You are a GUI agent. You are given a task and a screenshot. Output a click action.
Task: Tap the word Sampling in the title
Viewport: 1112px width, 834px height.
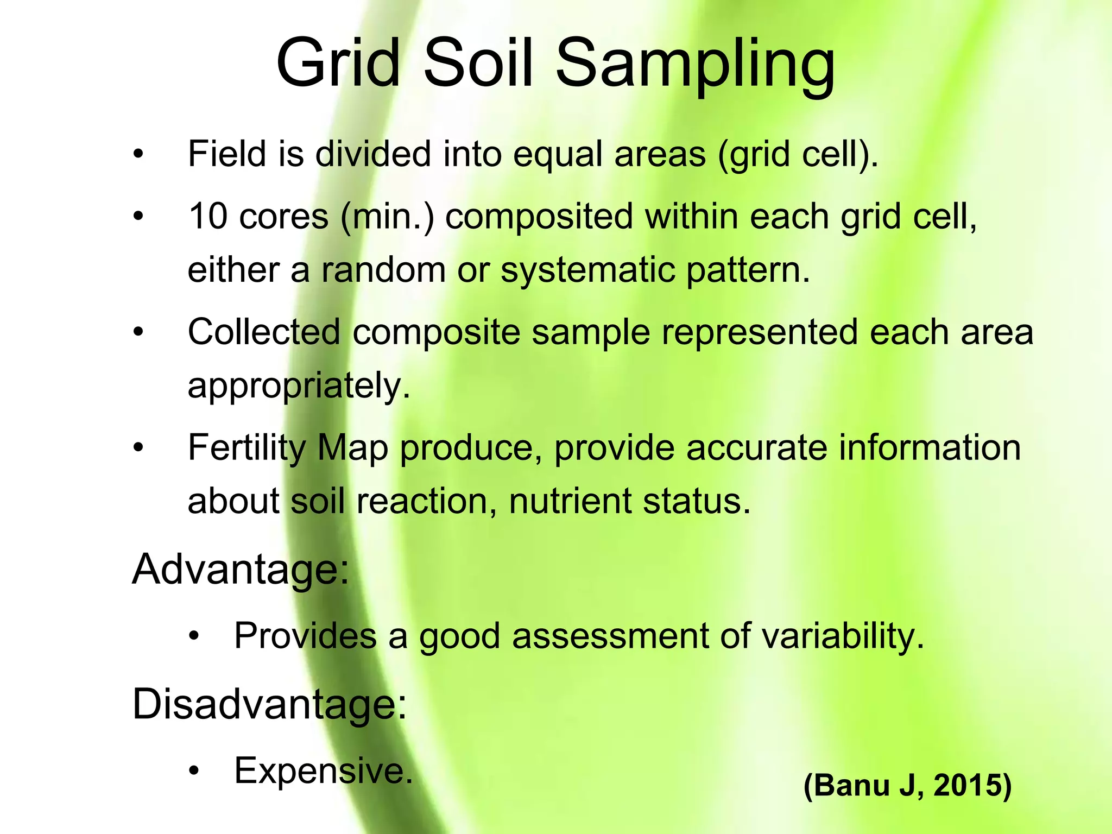coord(695,64)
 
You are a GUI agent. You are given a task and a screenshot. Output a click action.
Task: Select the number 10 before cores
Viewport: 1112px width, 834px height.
coord(207,216)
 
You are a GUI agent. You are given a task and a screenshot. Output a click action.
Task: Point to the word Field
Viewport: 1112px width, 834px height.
coord(228,154)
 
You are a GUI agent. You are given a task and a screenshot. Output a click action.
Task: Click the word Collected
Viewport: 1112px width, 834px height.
coord(264,332)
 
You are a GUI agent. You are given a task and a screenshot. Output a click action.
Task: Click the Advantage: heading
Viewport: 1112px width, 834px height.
coord(241,570)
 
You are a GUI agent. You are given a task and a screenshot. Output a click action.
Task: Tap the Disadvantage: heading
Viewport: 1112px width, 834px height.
coord(269,704)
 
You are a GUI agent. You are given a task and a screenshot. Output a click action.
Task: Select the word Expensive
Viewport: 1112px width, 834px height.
coord(323,770)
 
